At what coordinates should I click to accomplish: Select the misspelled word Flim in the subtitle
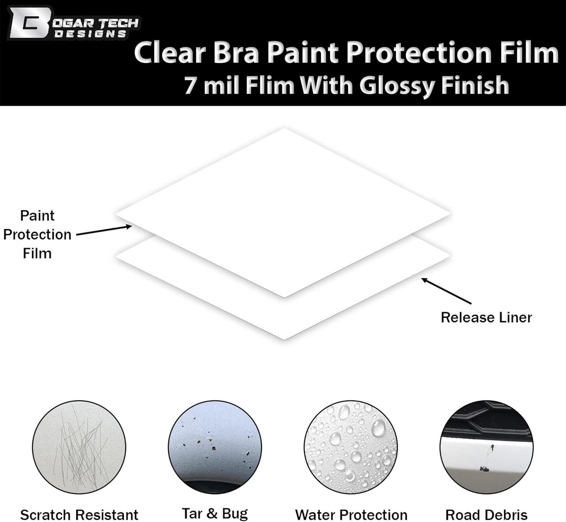point(269,85)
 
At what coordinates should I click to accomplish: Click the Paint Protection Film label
point(37,234)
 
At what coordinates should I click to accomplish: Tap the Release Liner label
point(486,317)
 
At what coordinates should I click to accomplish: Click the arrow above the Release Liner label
point(446,291)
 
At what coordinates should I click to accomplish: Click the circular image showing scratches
point(79,447)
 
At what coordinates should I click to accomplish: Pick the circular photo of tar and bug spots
point(215,447)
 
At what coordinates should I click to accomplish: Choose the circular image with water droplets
point(351,447)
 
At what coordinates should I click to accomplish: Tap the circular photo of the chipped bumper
point(486,447)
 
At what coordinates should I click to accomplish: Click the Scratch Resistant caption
point(79,514)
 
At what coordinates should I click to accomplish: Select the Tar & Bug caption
point(215,513)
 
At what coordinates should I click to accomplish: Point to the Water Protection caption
point(351,514)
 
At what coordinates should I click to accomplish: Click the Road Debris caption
point(486,514)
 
